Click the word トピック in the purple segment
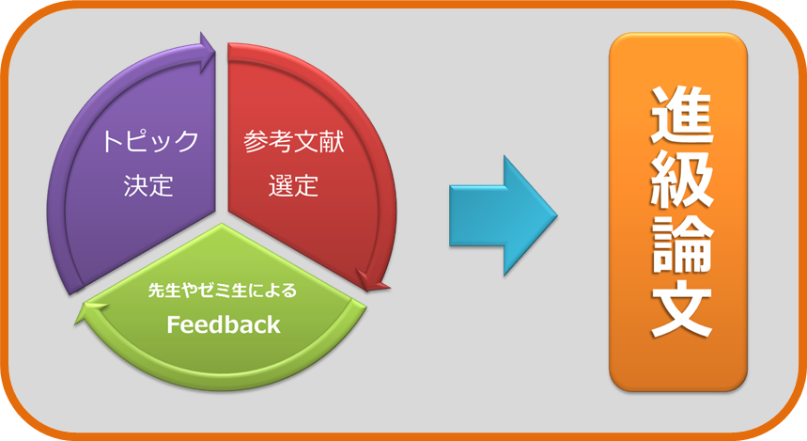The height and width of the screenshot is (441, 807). coord(150,141)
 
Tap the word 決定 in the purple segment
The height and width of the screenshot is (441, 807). coord(148,185)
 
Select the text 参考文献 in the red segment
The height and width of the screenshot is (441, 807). coord(294,141)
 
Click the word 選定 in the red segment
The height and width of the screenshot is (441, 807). coord(293,185)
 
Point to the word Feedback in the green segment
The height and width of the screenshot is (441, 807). coord(224,324)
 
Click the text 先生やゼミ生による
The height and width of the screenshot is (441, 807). coord(223,291)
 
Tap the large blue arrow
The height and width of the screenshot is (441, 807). coord(504,216)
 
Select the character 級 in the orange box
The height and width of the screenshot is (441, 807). coord(681,181)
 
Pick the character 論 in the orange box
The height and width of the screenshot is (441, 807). coord(681,244)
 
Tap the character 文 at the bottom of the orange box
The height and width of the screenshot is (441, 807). coord(681,308)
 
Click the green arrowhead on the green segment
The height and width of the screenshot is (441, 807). coord(92,312)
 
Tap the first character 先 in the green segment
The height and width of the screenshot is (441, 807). coord(157,291)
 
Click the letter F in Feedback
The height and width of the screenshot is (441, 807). coord(173,324)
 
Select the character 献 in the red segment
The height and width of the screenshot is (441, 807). coord(332,141)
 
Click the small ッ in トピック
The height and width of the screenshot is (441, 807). coord(163,144)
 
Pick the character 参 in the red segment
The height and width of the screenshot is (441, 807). coord(256,141)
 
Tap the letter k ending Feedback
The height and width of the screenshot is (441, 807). coord(274,324)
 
